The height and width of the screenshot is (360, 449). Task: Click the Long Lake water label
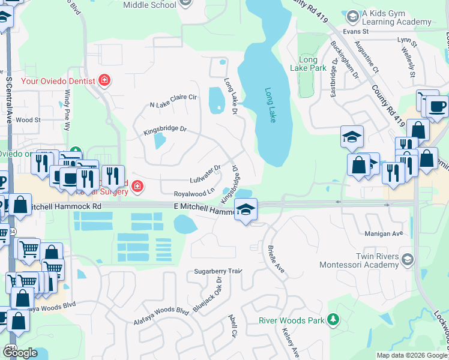pyautogui.click(x=270, y=106)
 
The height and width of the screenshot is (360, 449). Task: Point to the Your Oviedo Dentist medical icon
pyautogui.click(x=104, y=80)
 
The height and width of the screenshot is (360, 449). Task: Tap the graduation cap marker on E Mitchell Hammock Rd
pyautogui.click(x=246, y=210)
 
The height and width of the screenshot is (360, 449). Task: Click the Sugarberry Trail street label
pyautogui.click(x=217, y=272)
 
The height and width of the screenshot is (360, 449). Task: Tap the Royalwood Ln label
pyautogui.click(x=194, y=193)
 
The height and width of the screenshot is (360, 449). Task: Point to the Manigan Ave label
pyautogui.click(x=383, y=233)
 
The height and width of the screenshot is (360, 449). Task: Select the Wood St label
pyautogui.click(x=28, y=120)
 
